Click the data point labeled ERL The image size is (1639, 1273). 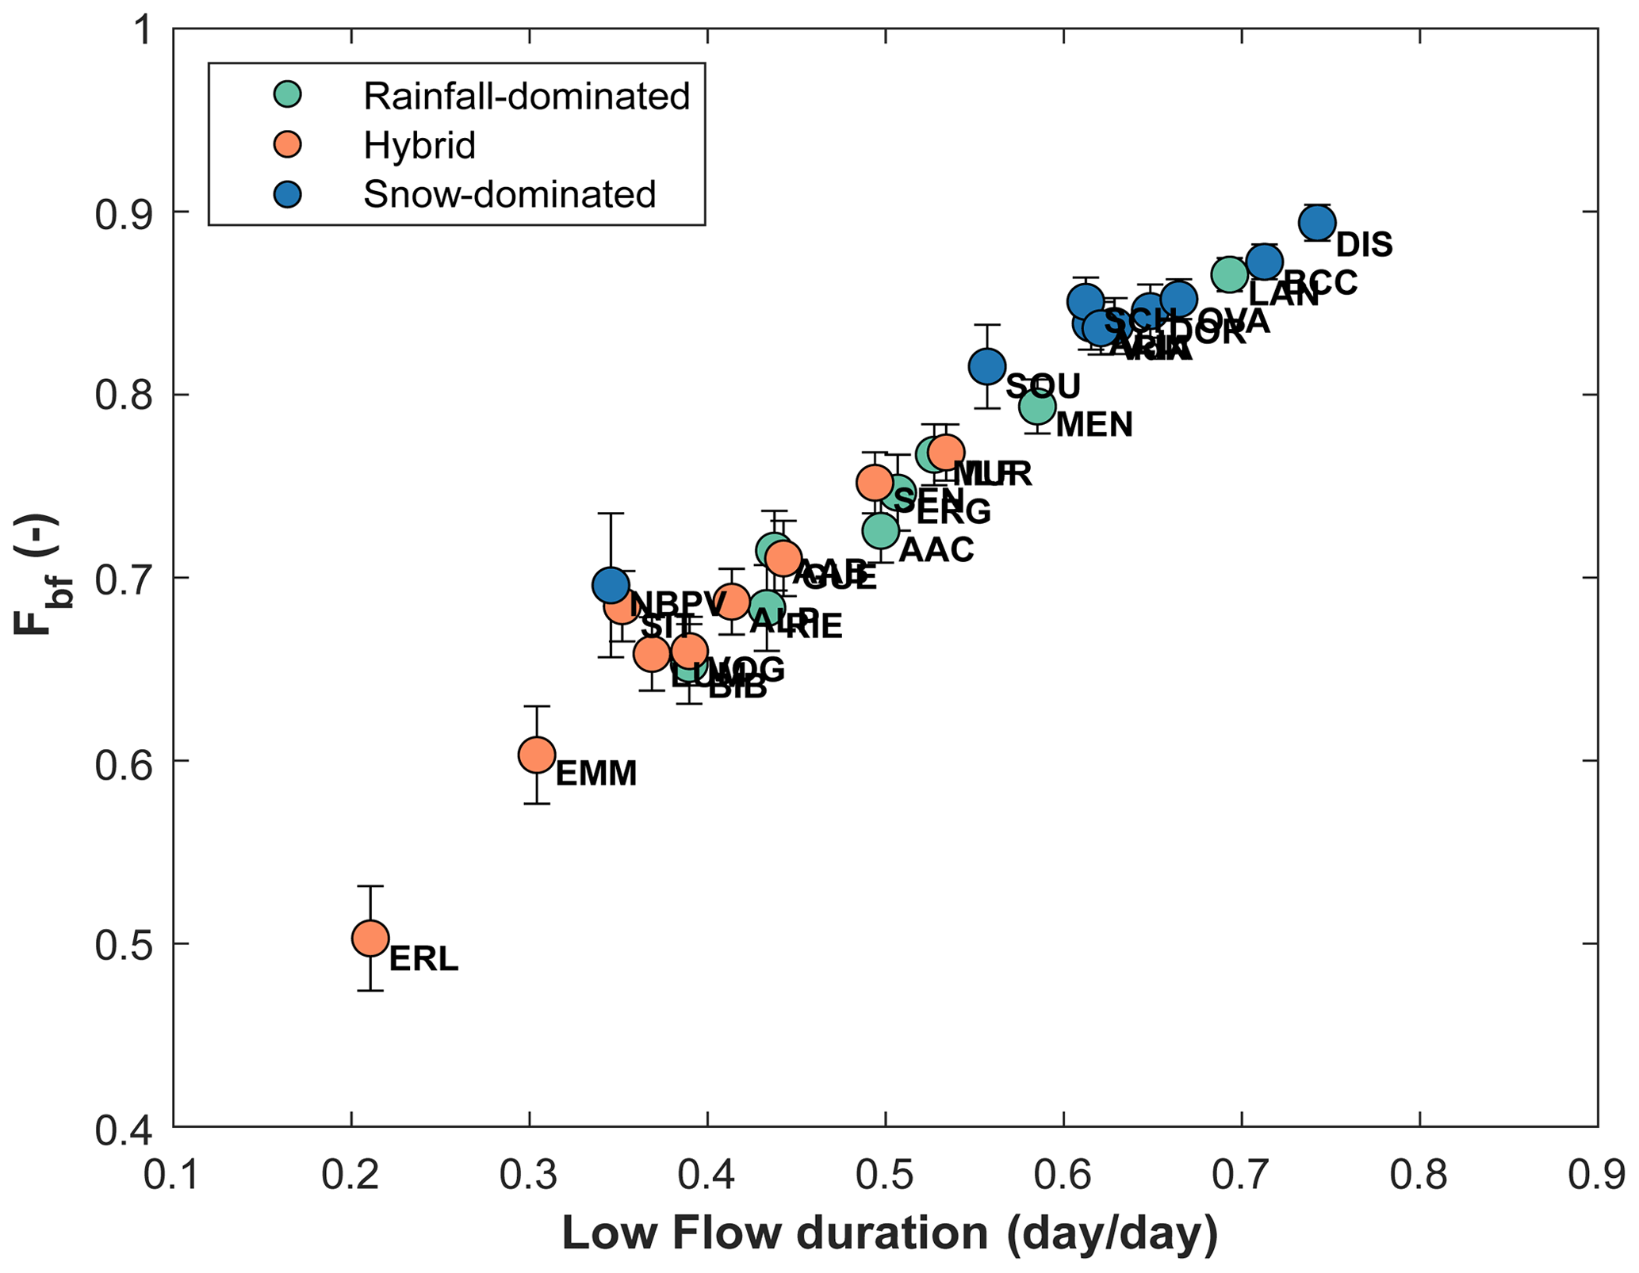pos(370,939)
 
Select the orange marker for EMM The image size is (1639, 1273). pos(537,755)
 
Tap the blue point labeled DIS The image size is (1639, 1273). pos(1317,223)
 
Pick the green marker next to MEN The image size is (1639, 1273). pos(1037,407)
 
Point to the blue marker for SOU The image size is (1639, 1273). pos(987,366)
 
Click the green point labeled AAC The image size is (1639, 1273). pos(880,530)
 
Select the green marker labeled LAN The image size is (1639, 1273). pos(1230,274)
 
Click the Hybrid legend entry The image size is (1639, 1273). pos(419,145)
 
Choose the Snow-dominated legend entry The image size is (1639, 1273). pos(509,194)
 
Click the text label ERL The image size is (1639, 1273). pos(423,960)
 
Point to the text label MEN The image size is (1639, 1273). pos(1094,426)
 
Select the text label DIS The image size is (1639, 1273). pos(1364,245)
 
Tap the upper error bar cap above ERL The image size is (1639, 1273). pos(370,886)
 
